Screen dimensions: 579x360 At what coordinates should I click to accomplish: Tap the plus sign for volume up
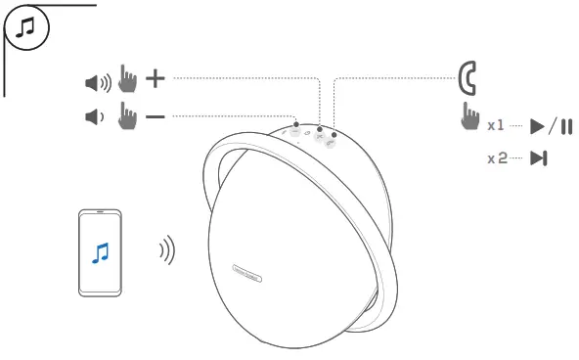click(156, 77)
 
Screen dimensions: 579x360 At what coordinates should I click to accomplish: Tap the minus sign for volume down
click(156, 116)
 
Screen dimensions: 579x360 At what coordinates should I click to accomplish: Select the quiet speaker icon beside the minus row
click(94, 117)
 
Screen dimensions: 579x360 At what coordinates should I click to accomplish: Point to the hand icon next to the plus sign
click(127, 78)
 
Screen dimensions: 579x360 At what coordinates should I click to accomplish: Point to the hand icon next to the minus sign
click(127, 117)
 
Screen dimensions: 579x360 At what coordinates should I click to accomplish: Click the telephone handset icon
click(468, 76)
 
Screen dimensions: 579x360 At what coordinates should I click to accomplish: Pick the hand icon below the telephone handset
click(470, 118)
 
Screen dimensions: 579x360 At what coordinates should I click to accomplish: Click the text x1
click(496, 126)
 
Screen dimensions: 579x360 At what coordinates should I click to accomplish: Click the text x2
click(497, 157)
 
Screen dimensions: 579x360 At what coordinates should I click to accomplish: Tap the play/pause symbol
click(552, 126)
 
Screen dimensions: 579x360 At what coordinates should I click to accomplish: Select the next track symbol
click(538, 158)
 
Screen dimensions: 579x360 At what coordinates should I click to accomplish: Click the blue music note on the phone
click(100, 252)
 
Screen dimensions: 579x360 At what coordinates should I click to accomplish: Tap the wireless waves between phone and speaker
click(167, 251)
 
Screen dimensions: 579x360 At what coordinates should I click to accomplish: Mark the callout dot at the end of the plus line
click(319, 128)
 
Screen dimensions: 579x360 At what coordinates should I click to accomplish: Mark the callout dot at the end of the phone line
click(334, 134)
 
